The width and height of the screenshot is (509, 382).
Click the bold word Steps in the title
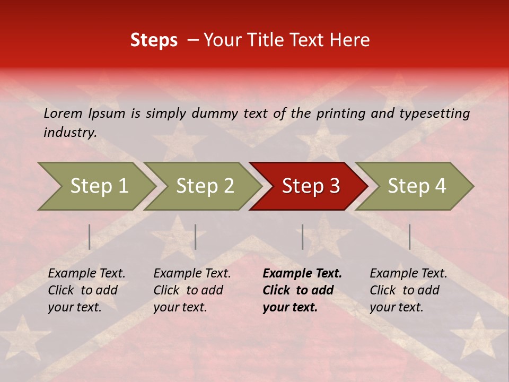tap(154, 40)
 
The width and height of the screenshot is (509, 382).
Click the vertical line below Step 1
tap(90, 237)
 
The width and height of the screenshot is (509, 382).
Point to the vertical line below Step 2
tap(196, 237)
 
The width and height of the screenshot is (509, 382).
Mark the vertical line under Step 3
tap(303, 237)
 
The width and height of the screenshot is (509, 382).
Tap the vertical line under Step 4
tap(409, 237)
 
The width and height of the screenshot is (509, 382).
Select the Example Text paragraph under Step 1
tap(86, 290)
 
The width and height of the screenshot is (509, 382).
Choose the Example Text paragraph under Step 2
tap(191, 290)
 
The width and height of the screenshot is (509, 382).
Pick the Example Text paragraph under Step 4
tap(408, 290)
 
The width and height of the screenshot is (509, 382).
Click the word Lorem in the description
tap(63, 114)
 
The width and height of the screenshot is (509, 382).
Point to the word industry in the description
tap(69, 133)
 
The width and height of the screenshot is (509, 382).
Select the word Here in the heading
tap(352, 40)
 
